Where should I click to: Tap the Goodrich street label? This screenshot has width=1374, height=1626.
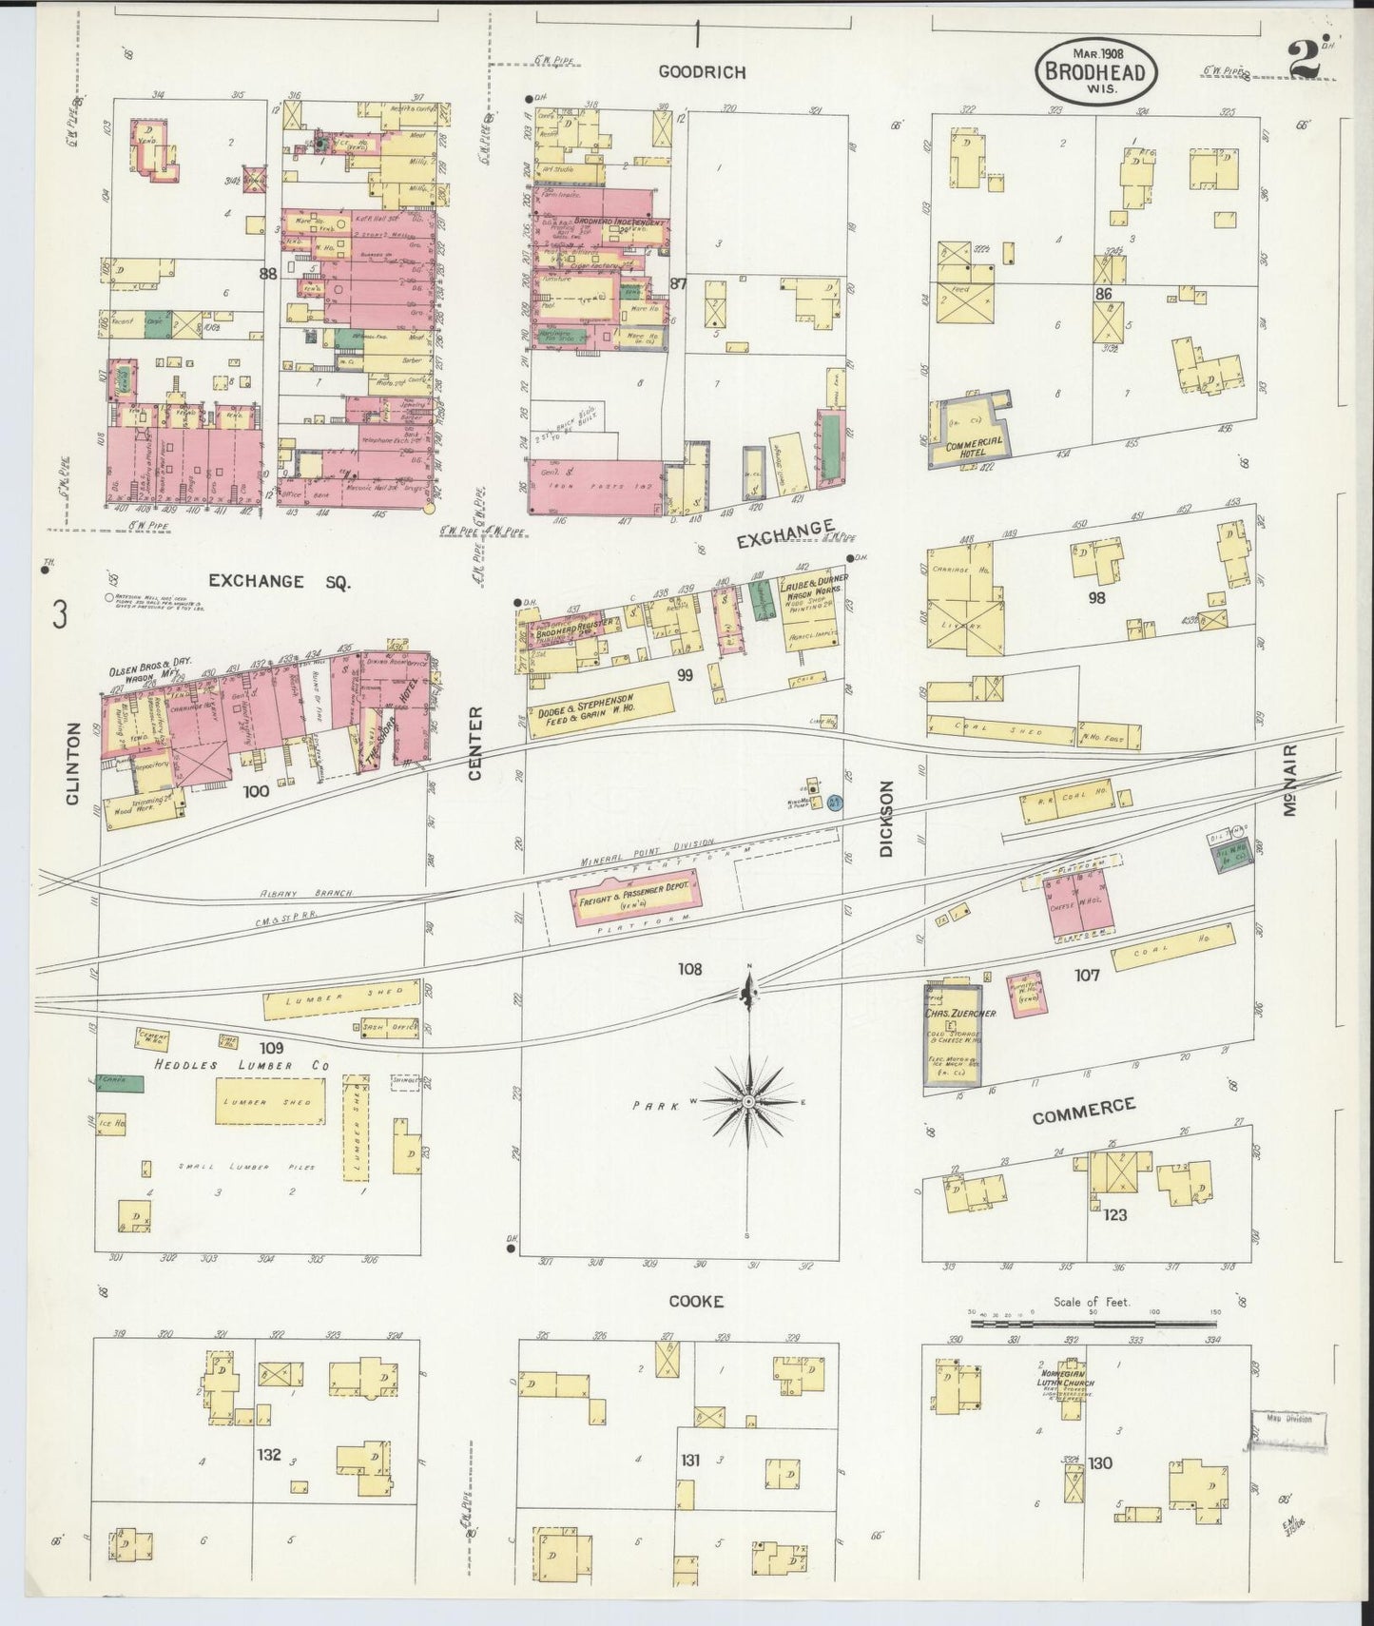click(702, 72)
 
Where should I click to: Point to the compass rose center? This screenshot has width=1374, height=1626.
click(749, 1100)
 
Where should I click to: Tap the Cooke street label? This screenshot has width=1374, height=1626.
click(696, 1301)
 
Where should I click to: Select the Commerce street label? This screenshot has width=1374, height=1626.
click(1083, 1111)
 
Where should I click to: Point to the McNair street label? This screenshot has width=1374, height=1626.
click(1289, 779)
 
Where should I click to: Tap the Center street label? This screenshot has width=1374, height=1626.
click(475, 744)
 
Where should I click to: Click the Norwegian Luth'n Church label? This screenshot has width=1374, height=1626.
click(1067, 1386)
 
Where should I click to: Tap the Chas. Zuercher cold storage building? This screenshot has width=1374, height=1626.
click(958, 1036)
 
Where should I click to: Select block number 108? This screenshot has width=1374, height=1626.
click(689, 969)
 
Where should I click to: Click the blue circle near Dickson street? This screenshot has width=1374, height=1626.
click(835, 804)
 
